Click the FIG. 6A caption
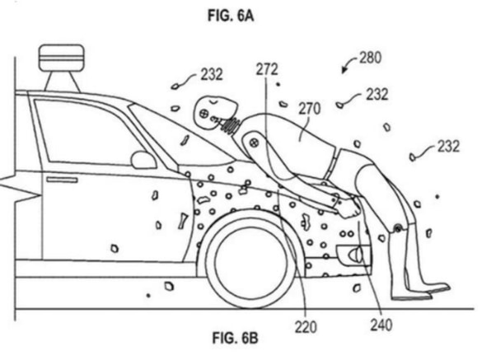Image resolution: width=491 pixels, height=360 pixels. [231, 15]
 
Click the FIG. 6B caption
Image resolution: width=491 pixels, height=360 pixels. [235, 338]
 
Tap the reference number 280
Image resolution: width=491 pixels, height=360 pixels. [371, 58]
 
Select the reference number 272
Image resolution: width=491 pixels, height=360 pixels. [267, 69]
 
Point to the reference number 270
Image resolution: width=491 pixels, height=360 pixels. [310, 109]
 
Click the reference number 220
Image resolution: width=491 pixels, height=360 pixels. [306, 327]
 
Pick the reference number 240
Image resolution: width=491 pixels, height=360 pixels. [381, 325]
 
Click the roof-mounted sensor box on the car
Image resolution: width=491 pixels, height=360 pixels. [61, 57]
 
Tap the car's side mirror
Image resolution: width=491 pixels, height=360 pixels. [143, 160]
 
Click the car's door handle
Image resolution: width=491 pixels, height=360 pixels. [62, 180]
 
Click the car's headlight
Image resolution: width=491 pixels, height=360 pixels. [353, 255]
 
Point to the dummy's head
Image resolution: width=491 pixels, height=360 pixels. [214, 112]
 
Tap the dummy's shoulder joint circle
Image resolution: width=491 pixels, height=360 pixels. [253, 143]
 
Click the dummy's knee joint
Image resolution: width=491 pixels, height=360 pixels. [398, 228]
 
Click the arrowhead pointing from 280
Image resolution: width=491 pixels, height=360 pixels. [344, 71]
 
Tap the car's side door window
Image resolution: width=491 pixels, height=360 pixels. [87, 133]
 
